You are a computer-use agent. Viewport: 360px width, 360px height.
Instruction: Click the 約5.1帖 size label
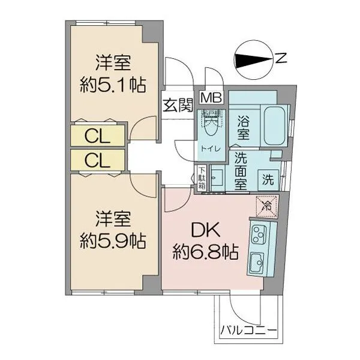[113, 85]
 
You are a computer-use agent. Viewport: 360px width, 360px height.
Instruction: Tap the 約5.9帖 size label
[113, 241]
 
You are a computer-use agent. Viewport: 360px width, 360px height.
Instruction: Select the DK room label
[206, 230]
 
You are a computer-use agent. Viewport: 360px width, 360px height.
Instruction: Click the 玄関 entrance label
[178, 105]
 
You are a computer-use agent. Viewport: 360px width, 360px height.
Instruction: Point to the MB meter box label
[211, 98]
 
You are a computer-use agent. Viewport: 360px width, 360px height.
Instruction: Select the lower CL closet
[98, 160]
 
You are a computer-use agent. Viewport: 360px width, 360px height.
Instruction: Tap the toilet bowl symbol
[211, 126]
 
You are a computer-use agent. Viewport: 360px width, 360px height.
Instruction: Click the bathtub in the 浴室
[275, 125]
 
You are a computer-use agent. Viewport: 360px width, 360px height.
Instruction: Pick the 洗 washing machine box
[268, 180]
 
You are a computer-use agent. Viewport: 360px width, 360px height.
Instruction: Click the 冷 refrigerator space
[267, 206]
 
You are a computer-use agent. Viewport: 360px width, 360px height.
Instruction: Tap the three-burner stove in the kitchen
[259, 235]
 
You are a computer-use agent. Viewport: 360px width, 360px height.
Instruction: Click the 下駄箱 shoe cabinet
[202, 178]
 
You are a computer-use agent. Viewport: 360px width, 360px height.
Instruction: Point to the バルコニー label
[248, 331]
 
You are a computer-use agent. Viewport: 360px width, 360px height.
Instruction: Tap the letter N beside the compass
[281, 58]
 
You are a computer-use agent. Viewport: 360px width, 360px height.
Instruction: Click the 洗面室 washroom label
[241, 171]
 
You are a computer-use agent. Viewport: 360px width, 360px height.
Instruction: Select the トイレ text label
[211, 149]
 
